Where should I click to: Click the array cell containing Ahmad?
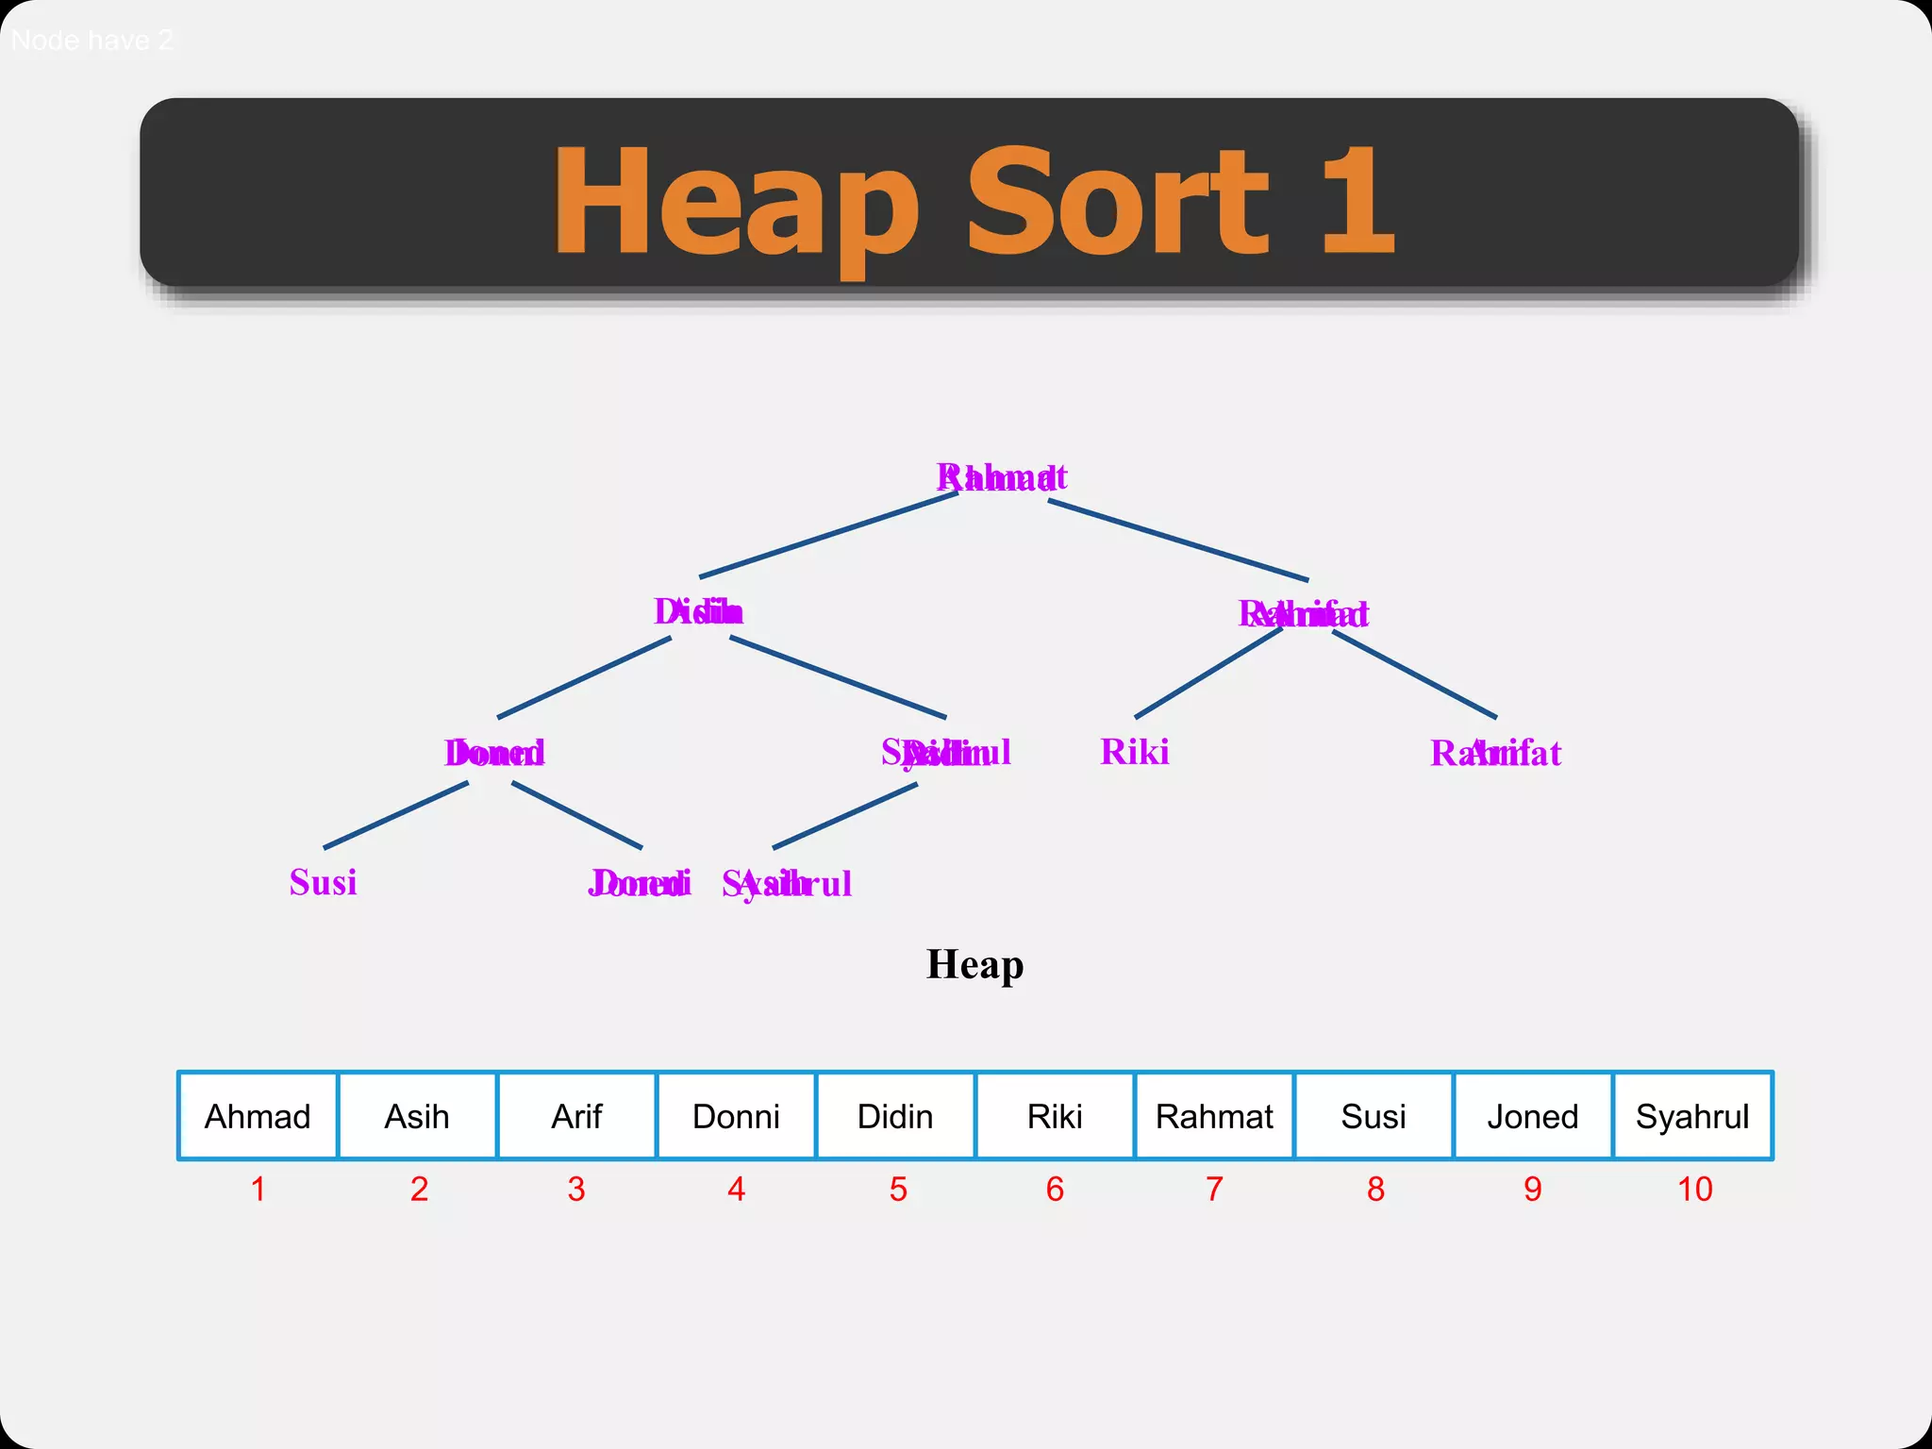(x=258, y=1116)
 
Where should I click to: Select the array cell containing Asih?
(x=417, y=1116)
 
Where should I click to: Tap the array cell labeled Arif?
(x=576, y=1116)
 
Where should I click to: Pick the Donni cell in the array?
(x=736, y=1116)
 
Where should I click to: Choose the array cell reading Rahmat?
(x=1214, y=1116)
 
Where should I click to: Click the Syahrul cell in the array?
(x=1692, y=1116)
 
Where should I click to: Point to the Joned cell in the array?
(x=1533, y=1116)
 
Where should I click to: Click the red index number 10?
(x=1694, y=1190)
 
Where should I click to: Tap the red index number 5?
(x=898, y=1190)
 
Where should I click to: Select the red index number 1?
(x=258, y=1190)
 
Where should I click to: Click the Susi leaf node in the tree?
(x=323, y=883)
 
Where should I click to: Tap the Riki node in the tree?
(x=1135, y=753)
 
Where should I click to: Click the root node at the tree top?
(x=1002, y=477)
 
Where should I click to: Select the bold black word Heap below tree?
(x=974, y=965)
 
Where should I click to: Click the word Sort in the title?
(x=1117, y=202)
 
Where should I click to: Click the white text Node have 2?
(x=92, y=41)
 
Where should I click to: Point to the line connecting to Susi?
(x=396, y=815)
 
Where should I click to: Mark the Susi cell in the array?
(x=1374, y=1116)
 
